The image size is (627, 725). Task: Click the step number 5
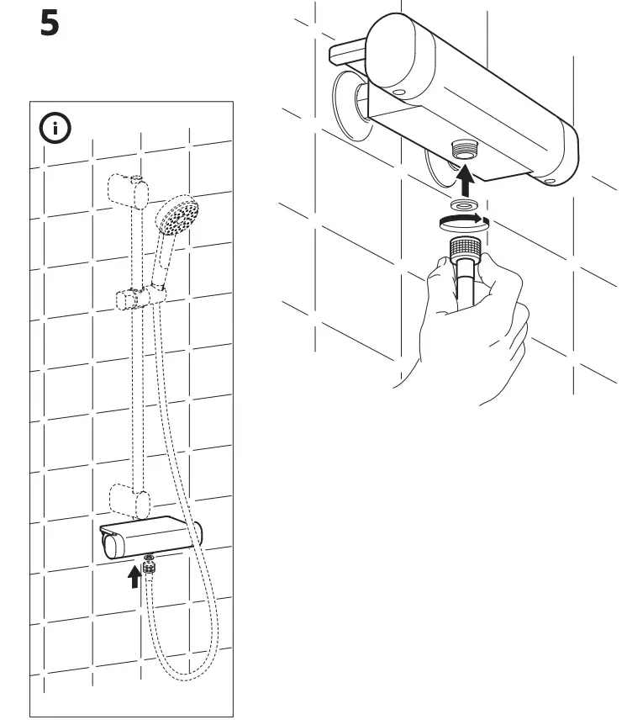(x=50, y=24)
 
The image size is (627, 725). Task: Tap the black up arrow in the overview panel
(x=133, y=577)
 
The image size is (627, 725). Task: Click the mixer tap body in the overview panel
(x=151, y=537)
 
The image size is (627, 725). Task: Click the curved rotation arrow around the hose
(x=461, y=221)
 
